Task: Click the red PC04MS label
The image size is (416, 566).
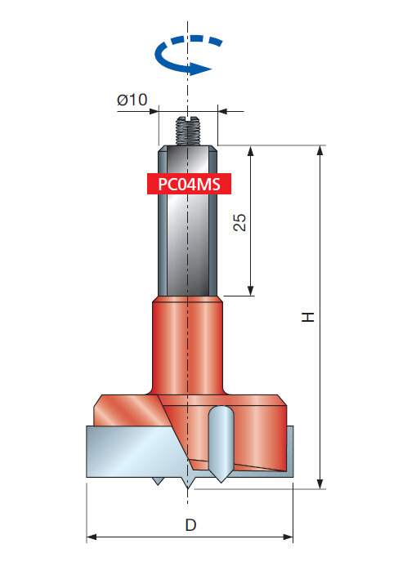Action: (x=189, y=184)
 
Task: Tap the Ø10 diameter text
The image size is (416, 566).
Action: (x=132, y=100)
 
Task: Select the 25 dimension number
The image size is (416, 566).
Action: (x=239, y=222)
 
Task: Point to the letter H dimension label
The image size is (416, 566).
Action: (x=308, y=317)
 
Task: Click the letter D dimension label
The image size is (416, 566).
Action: (x=190, y=525)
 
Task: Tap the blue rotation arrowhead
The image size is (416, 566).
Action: (x=201, y=69)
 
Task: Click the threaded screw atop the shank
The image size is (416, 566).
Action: (x=188, y=131)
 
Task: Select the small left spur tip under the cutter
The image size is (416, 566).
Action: (x=158, y=481)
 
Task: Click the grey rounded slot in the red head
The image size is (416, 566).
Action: (x=221, y=443)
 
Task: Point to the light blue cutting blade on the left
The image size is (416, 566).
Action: (x=137, y=451)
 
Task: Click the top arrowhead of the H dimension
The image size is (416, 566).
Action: (x=320, y=150)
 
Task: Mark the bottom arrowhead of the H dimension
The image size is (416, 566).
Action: (x=320, y=484)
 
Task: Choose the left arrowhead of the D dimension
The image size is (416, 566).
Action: (x=92, y=537)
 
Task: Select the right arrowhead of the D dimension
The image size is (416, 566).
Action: (x=288, y=537)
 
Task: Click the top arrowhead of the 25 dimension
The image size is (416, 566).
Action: (x=251, y=151)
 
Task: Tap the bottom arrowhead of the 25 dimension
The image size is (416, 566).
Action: (x=251, y=291)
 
